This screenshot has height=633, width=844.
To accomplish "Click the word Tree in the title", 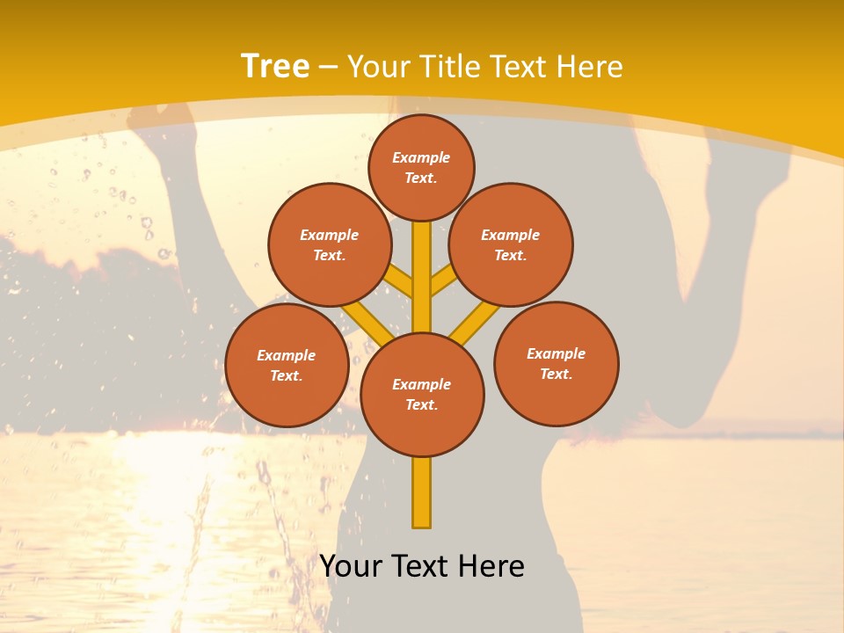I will (275, 66).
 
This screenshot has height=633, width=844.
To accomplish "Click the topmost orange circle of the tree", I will (421, 167).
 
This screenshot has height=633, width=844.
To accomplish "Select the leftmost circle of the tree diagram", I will (287, 366).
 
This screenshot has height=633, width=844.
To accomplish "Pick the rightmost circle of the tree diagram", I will (557, 364).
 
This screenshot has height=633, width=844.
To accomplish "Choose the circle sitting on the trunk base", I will (422, 395).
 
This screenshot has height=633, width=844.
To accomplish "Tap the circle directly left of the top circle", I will (330, 245).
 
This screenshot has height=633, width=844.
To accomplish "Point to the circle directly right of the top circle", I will (511, 245).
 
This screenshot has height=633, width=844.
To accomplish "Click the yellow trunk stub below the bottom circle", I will (422, 492).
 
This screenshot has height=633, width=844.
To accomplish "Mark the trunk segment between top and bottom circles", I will (422, 277).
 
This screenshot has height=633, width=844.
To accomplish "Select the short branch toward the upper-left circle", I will (400, 282).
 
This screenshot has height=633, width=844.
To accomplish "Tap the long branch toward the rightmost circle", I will (477, 323).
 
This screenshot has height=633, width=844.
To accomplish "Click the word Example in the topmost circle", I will (421, 158).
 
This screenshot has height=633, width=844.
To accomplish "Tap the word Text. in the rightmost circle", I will (557, 374).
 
